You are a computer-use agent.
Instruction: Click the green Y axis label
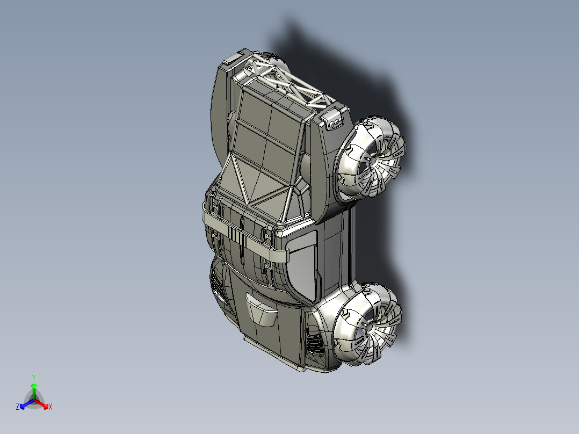33,378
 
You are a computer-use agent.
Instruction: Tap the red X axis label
50,407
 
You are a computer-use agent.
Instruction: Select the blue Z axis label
18,407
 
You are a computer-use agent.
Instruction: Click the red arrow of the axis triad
43,404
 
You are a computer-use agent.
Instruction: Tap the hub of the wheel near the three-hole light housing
373,160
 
